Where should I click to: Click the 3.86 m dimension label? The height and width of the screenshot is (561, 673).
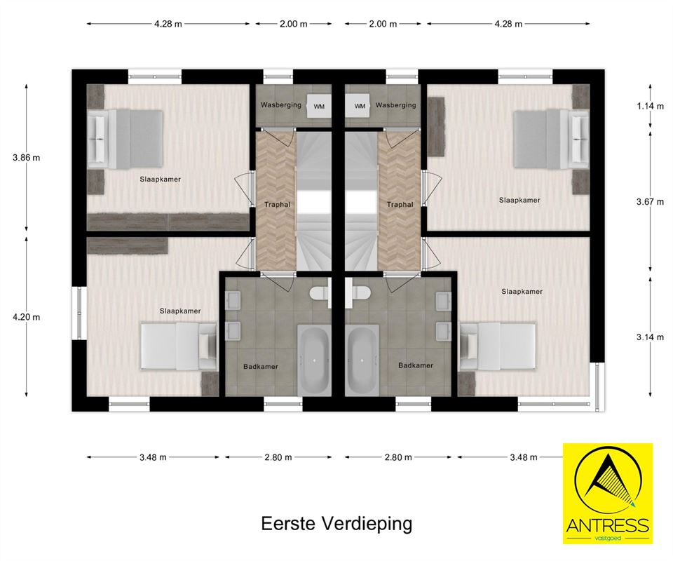click(26, 158)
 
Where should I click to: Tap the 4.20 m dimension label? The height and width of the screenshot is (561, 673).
click(26, 317)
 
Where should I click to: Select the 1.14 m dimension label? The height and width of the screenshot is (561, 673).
click(651, 106)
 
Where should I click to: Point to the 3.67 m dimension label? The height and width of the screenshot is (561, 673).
click(651, 201)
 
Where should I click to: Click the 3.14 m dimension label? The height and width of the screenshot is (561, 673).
click(651, 337)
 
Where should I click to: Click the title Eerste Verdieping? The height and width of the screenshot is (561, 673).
click(337, 524)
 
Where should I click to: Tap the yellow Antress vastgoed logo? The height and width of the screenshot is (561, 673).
click(608, 494)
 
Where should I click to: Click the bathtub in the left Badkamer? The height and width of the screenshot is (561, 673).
click(314, 360)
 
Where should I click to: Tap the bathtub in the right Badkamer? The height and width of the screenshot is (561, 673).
click(362, 360)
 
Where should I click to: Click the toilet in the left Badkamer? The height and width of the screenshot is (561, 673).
click(320, 293)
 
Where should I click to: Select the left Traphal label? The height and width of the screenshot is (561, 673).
click(278, 204)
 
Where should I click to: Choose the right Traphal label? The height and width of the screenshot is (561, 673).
click(400, 204)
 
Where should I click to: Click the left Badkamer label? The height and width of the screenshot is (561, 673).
click(261, 367)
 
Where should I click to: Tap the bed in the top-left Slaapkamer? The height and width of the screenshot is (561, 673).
click(125, 139)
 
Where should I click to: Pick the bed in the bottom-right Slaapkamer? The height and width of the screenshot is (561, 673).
click(498, 346)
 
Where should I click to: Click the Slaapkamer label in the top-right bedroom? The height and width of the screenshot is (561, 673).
click(519, 200)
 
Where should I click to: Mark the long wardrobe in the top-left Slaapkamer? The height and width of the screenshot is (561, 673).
click(168, 222)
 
